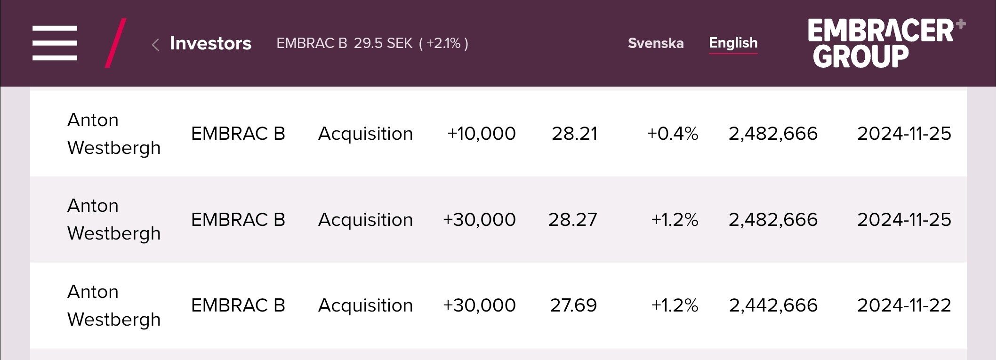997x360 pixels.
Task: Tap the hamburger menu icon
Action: pos(55,43)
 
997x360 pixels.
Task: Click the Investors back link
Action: pos(210,43)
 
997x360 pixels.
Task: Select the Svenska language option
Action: pos(655,43)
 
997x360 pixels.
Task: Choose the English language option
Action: pos(733,43)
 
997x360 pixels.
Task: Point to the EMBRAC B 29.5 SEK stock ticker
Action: pos(372,43)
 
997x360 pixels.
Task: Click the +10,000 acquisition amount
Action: pos(481,134)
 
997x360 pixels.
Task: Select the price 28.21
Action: pos(574,134)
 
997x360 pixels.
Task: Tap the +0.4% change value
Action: pos(672,134)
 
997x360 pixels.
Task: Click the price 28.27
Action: pos(572,220)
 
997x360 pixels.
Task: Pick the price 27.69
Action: pos(573,305)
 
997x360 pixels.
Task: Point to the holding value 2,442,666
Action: pos(773,305)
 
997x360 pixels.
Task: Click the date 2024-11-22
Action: pos(904,305)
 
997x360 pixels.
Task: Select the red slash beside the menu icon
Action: pos(115,43)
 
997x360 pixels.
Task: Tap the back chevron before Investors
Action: pos(155,45)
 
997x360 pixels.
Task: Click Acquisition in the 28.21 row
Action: pos(365,134)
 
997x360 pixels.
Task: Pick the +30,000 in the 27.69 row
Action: pos(479,305)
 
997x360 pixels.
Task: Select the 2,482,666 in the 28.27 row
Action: pos(773,220)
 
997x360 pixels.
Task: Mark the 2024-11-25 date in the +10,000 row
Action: pos(904,134)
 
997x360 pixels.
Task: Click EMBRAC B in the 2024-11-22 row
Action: pos(238,305)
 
